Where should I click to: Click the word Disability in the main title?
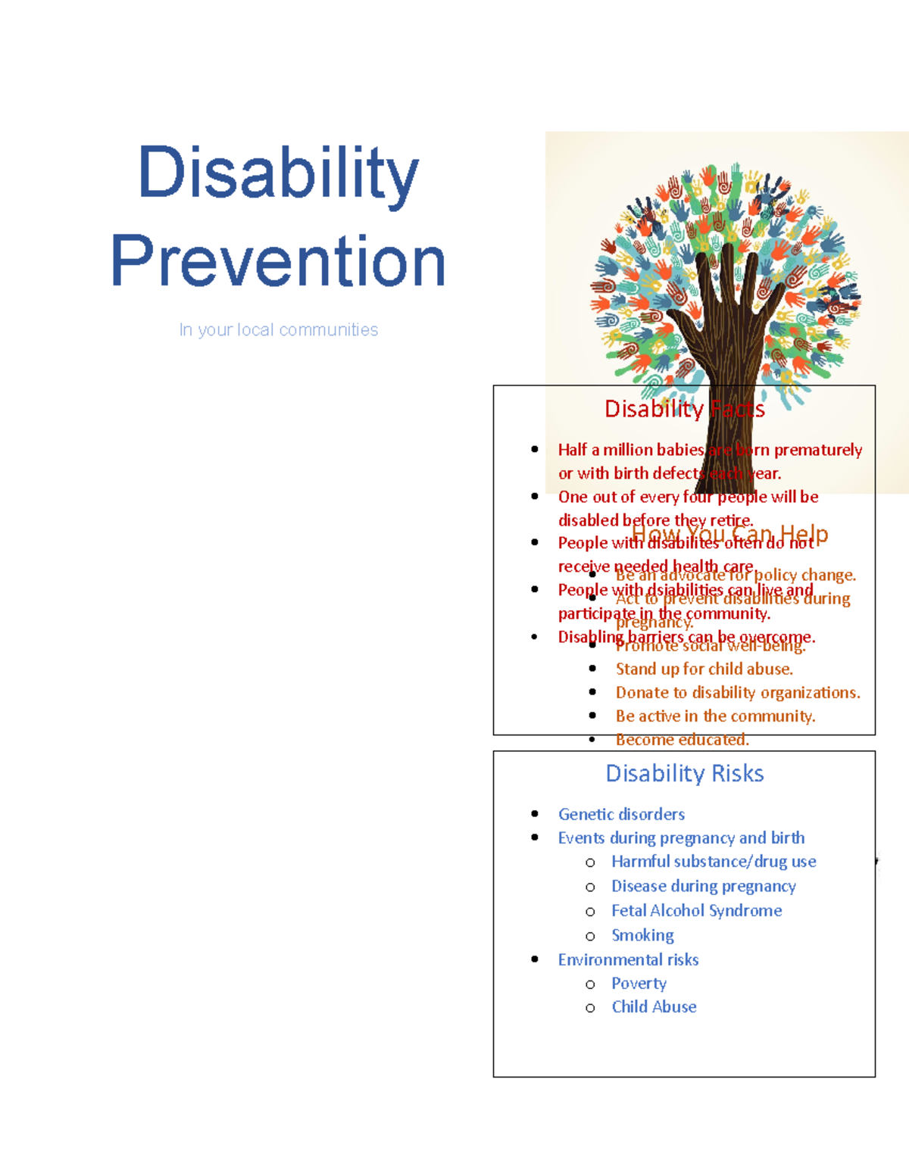[278, 173]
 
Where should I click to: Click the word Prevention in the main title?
[278, 261]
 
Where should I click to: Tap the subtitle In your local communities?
[278, 330]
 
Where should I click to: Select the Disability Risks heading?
[684, 773]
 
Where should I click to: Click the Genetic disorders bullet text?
[621, 814]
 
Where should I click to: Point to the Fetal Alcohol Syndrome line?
[696, 911]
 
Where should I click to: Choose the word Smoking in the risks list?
[642, 935]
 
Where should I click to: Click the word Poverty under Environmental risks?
[639, 984]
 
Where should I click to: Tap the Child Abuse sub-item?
[654, 1007]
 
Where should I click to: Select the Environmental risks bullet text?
[628, 959]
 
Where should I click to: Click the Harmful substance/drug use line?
[714, 862]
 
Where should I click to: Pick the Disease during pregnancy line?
[703, 886]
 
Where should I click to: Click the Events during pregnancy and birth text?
[681, 838]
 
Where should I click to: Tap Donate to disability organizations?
[737, 693]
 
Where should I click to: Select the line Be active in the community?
[715, 716]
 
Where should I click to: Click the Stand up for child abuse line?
[704, 669]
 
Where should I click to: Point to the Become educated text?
[682, 740]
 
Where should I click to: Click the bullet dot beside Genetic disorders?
[535, 814]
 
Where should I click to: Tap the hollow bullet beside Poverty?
[590, 984]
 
